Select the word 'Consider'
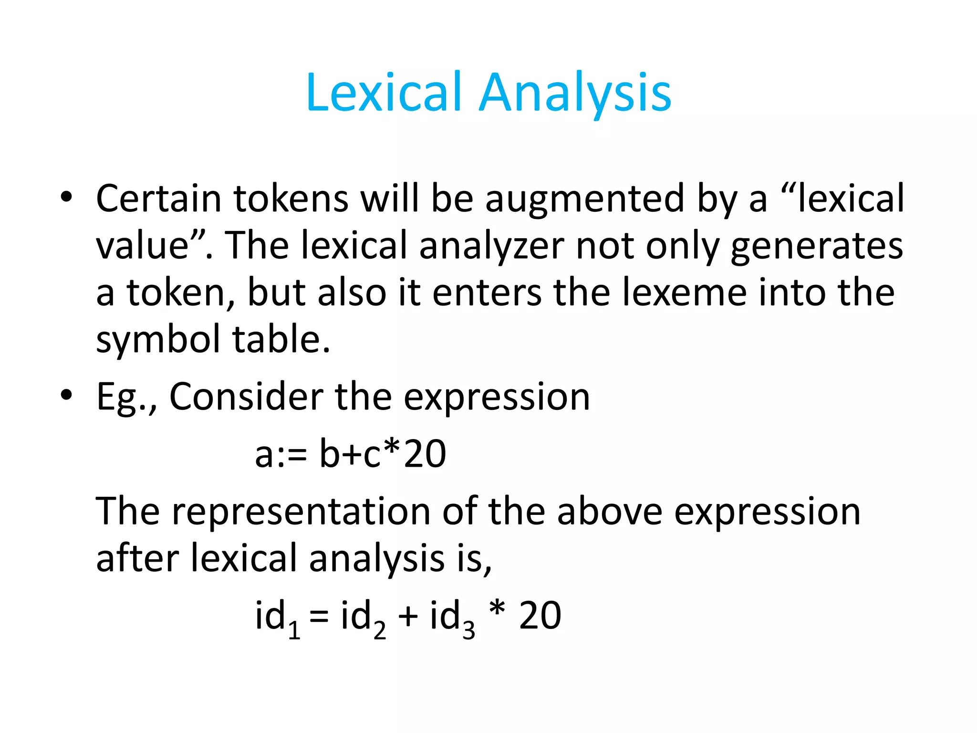[246, 397]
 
